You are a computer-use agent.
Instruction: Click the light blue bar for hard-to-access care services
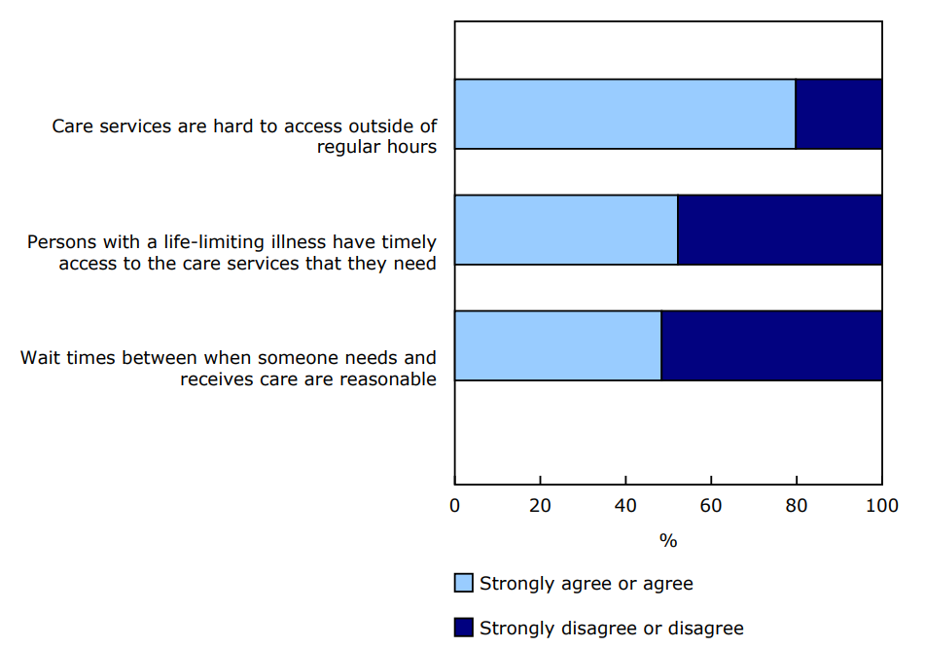[624, 114]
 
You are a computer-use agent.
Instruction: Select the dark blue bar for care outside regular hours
[838, 114]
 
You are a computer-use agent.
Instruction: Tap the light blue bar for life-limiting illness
[565, 230]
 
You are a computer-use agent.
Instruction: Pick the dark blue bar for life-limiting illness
[779, 230]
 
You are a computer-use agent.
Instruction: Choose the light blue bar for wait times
[557, 345]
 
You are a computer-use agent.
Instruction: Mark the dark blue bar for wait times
[771, 345]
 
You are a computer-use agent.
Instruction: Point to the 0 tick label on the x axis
[454, 506]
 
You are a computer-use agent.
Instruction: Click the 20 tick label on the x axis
[540, 506]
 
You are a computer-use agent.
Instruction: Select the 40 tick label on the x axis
[625, 506]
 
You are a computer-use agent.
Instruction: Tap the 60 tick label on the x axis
[711, 506]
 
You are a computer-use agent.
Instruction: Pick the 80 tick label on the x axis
[797, 506]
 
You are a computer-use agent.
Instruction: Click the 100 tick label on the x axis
[881, 506]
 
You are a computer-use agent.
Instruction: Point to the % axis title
[668, 541]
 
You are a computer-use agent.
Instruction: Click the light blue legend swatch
[464, 583]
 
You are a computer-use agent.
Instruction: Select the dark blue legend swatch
[464, 628]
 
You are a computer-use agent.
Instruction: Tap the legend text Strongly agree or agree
[587, 584]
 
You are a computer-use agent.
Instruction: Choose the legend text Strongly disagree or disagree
[612, 629]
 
